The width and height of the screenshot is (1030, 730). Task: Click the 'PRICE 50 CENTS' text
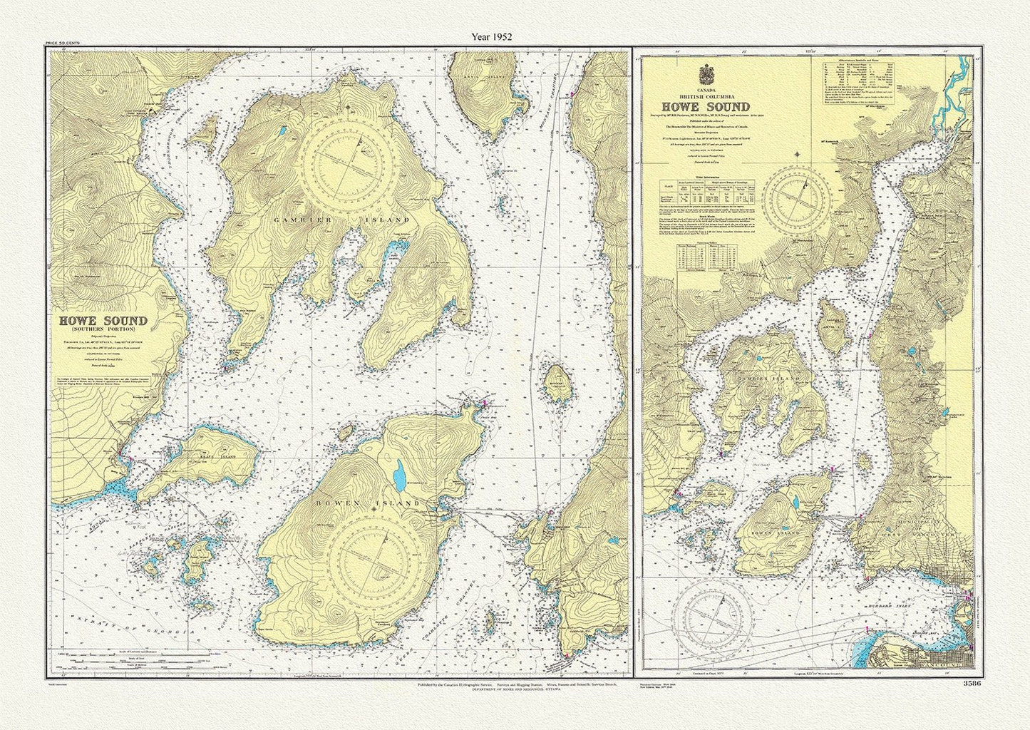[63, 44]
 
